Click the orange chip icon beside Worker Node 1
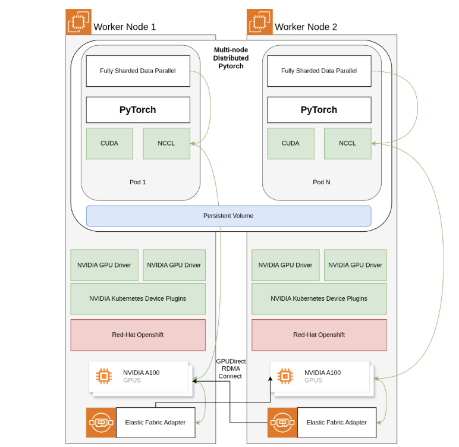pyautogui.click(x=78, y=22)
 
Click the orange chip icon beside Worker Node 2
pyautogui.click(x=259, y=22)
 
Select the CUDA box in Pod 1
pyautogui.click(x=109, y=143)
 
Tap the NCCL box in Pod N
pyautogui.click(x=347, y=143)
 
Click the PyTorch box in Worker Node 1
pyautogui.click(x=138, y=110)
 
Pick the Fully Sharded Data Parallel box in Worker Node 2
pyautogui.click(x=319, y=71)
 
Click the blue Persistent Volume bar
pyautogui.click(x=228, y=216)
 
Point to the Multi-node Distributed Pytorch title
pyautogui.click(x=231, y=58)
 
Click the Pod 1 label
pyautogui.click(x=137, y=182)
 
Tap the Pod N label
pyautogui.click(x=321, y=182)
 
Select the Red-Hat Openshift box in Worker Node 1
pyautogui.click(x=138, y=335)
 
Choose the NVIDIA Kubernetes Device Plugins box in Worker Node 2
pyautogui.click(x=319, y=298)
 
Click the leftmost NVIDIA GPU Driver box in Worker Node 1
pyautogui.click(x=105, y=265)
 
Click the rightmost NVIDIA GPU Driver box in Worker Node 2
pyautogui.click(x=355, y=265)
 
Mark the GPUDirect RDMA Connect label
pyautogui.click(x=231, y=369)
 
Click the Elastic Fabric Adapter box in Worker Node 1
pyautogui.click(x=155, y=423)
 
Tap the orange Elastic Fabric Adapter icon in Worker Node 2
pyautogui.click(x=282, y=423)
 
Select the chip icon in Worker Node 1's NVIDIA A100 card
pyautogui.click(x=104, y=376)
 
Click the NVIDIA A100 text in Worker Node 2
pyautogui.click(x=323, y=373)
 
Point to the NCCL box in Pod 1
pyautogui.click(x=166, y=143)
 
